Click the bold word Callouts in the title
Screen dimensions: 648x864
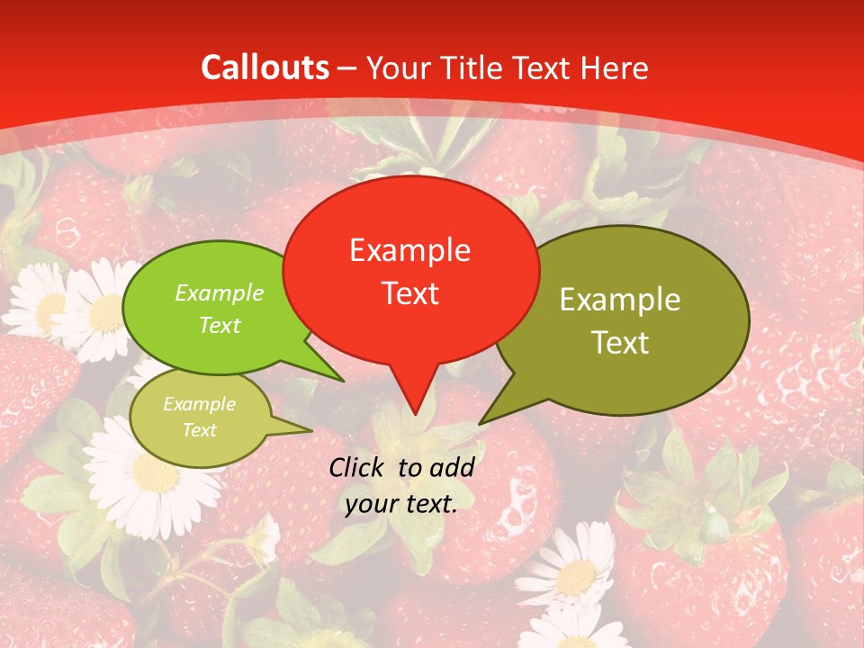[265, 67]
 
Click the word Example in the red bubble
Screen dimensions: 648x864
[409, 250]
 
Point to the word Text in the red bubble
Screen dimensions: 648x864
[410, 293]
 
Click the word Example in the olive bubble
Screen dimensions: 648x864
[620, 300]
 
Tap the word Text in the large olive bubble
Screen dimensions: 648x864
[620, 343]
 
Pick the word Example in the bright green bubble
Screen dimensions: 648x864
[220, 293]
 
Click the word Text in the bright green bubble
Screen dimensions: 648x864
[220, 325]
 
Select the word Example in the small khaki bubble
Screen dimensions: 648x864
[199, 404]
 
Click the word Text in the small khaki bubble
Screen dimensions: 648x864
[199, 430]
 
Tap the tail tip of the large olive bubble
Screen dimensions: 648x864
[480, 423]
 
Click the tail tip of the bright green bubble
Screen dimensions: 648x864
[344, 381]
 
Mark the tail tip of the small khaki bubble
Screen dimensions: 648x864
[311, 430]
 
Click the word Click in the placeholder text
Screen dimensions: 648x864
[358, 467]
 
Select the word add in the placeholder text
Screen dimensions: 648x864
[452, 467]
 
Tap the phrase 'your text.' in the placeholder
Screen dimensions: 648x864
[401, 504]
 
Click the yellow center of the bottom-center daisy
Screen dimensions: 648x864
[576, 577]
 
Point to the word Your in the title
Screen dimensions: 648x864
[398, 67]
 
